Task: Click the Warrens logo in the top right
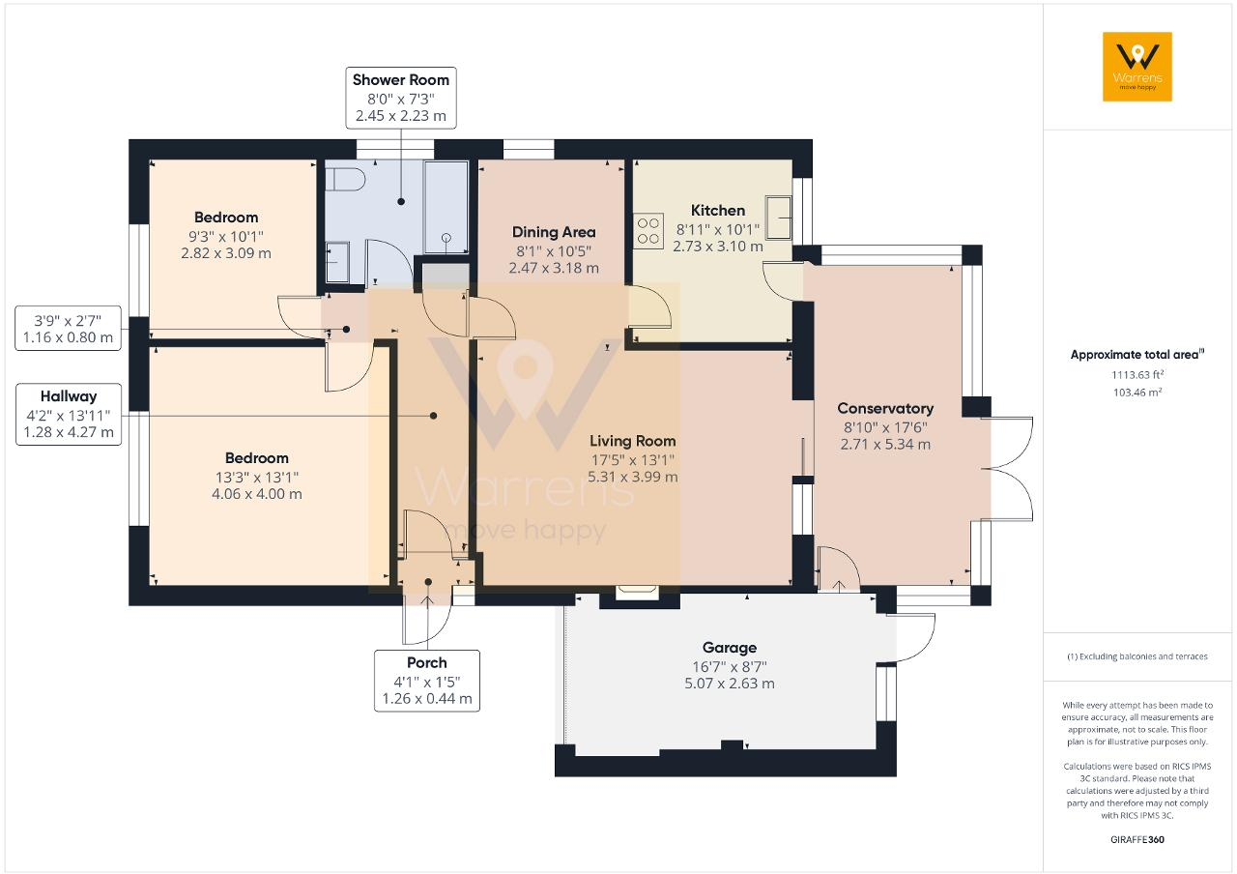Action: click(x=1136, y=66)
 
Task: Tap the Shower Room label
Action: click(x=400, y=79)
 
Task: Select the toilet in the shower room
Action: click(x=344, y=180)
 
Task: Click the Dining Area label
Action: click(x=553, y=232)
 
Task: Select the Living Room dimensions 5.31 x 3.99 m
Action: click(x=634, y=477)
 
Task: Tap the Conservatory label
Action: click(x=884, y=408)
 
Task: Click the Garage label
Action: click(x=729, y=648)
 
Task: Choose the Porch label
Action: click(x=426, y=662)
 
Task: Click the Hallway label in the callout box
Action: click(x=69, y=396)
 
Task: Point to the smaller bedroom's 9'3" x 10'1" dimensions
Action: click(x=225, y=236)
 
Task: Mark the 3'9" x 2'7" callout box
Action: click(x=69, y=329)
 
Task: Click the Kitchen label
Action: click(x=717, y=211)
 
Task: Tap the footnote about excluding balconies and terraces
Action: click(x=1136, y=656)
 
